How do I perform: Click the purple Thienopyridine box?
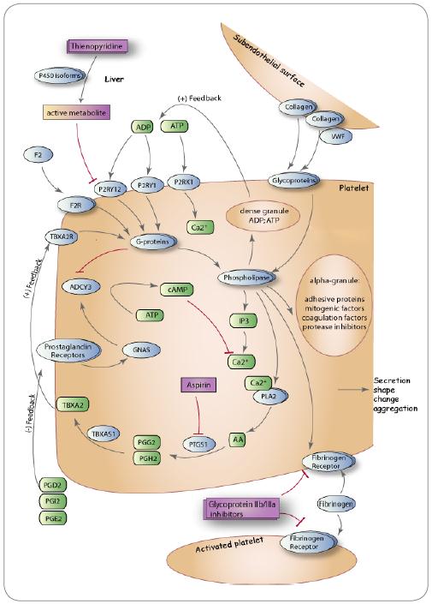coord(97,46)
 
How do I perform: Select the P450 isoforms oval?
coord(58,76)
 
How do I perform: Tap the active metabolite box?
coord(76,112)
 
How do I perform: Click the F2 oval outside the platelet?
coord(38,155)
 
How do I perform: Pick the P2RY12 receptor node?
coord(109,188)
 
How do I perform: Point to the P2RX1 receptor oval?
coord(184,182)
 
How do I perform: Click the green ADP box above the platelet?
coord(142,127)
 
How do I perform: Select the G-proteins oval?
coord(153,241)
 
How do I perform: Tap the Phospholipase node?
coord(246,277)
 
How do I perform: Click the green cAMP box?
coord(175,290)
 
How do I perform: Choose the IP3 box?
coord(243,320)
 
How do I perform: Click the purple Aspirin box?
coord(198,385)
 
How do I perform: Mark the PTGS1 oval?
coord(198,444)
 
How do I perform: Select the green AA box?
coord(237,440)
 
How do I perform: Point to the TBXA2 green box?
coord(73,405)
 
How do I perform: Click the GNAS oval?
coord(141,350)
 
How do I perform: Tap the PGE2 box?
coord(53,518)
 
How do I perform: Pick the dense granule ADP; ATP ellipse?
coord(263,216)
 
